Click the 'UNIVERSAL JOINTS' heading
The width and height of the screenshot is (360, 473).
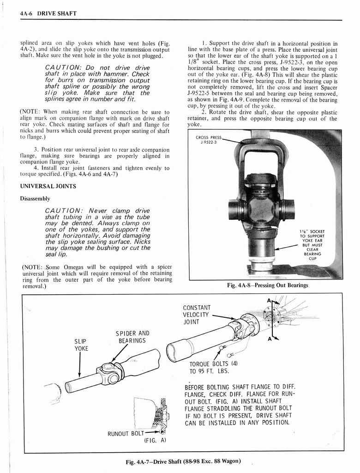point(48,186)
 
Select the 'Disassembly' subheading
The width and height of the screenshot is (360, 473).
point(35,199)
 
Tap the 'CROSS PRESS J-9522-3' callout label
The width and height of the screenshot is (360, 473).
point(209,139)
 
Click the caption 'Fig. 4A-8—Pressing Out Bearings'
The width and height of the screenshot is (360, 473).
point(268,285)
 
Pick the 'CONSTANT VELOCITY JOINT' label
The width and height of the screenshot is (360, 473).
point(197,315)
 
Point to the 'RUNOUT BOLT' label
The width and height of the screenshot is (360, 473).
point(126,434)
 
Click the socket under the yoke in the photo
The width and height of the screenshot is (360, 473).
point(261,249)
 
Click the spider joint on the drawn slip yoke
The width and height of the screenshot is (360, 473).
point(109,373)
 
